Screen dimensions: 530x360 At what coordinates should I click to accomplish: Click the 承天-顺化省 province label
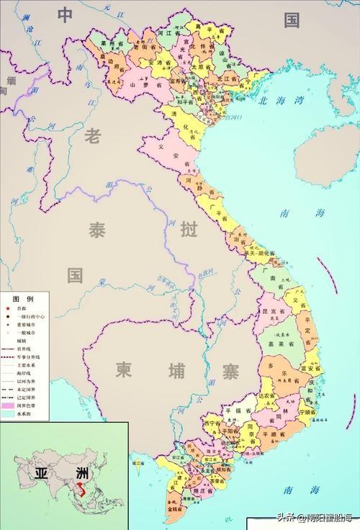pyautogui.click(x=259, y=253)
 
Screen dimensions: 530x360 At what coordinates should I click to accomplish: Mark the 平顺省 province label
pyautogui.click(x=274, y=434)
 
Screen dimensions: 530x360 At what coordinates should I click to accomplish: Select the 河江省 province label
pyautogui.click(x=168, y=32)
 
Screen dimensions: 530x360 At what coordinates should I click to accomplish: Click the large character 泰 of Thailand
pyautogui.click(x=96, y=231)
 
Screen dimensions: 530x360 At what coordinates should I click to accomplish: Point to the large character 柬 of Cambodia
pyautogui.click(x=124, y=369)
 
